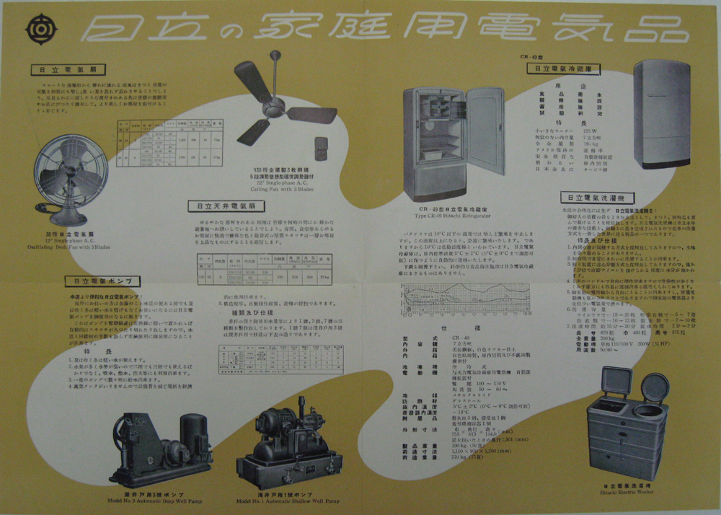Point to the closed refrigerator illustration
660,113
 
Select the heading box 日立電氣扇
59,71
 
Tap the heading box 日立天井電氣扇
218,206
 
